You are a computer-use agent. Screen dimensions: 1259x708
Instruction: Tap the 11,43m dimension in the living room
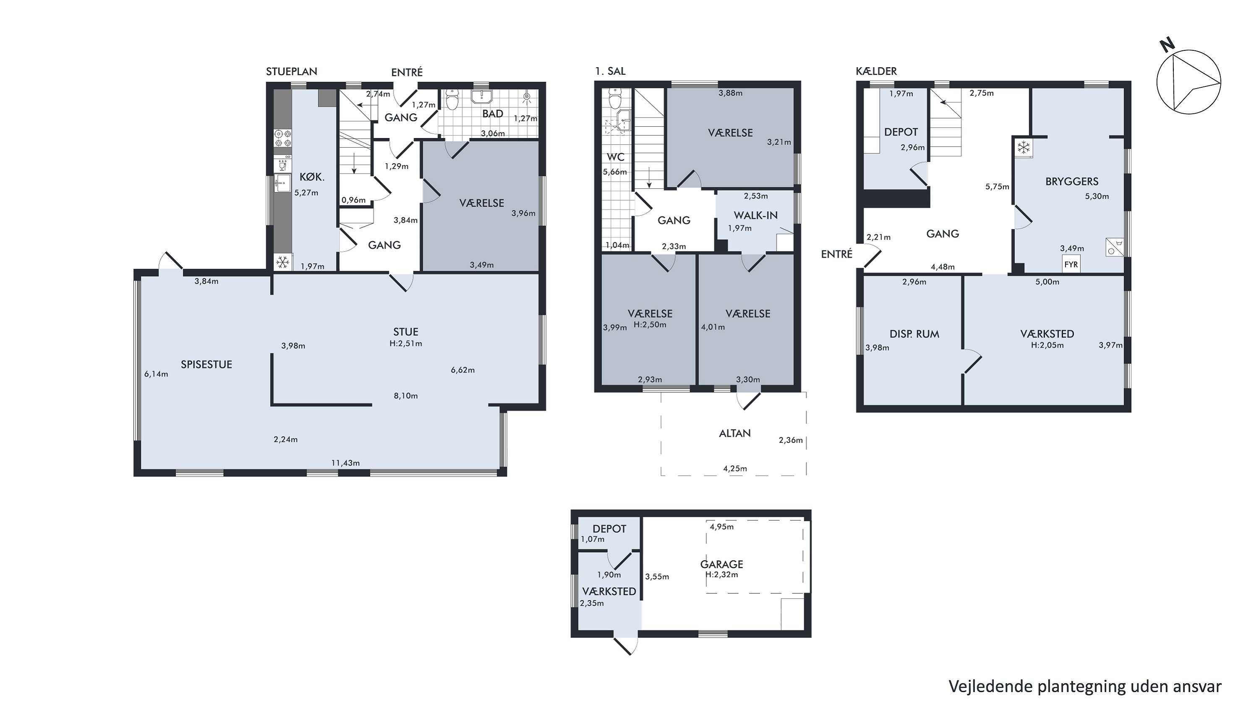click(345, 463)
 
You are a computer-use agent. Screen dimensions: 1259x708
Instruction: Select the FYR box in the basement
click(1071, 265)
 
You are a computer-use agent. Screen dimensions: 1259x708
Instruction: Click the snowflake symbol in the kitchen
click(282, 263)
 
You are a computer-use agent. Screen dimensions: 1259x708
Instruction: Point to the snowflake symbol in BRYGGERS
click(1024, 147)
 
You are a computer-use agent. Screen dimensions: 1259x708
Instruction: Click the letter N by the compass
click(1168, 45)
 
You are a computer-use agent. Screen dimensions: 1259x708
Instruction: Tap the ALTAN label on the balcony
click(734, 434)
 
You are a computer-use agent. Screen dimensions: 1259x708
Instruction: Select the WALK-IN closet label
click(755, 215)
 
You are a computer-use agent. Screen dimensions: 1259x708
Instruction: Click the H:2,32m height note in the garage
click(722, 575)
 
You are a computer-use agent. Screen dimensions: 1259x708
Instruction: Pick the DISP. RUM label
click(914, 334)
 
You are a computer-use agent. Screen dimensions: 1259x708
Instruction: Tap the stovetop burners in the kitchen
click(282, 138)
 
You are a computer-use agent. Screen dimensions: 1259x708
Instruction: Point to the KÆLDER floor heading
click(876, 71)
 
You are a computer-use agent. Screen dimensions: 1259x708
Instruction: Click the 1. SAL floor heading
click(610, 71)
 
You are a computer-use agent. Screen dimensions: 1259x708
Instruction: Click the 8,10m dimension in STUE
click(406, 396)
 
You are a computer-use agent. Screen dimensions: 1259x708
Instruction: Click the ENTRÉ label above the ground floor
click(407, 72)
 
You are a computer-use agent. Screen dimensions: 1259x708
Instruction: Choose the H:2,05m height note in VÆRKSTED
click(1047, 345)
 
